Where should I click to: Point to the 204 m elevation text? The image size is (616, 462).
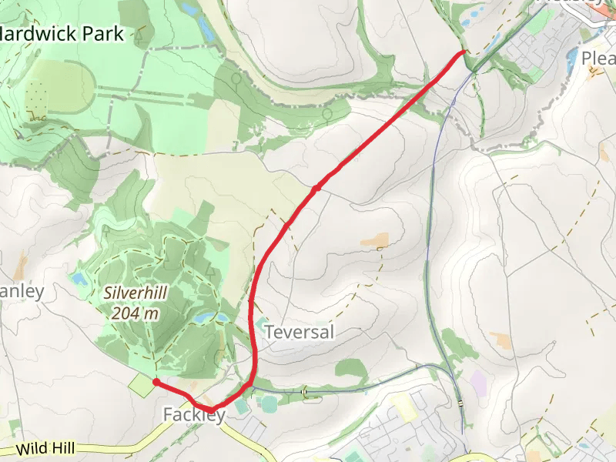135,313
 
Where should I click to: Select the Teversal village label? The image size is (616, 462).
300,332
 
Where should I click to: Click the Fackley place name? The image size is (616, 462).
194,415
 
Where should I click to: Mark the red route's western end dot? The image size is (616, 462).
156,381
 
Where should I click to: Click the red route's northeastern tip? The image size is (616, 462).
464,52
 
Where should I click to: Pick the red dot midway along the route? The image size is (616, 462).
316,187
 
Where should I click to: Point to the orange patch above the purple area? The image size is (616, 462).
500,340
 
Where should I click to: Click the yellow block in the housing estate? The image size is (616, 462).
403,407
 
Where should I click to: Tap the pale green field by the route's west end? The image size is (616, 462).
142,386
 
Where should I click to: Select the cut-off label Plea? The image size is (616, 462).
598,59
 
